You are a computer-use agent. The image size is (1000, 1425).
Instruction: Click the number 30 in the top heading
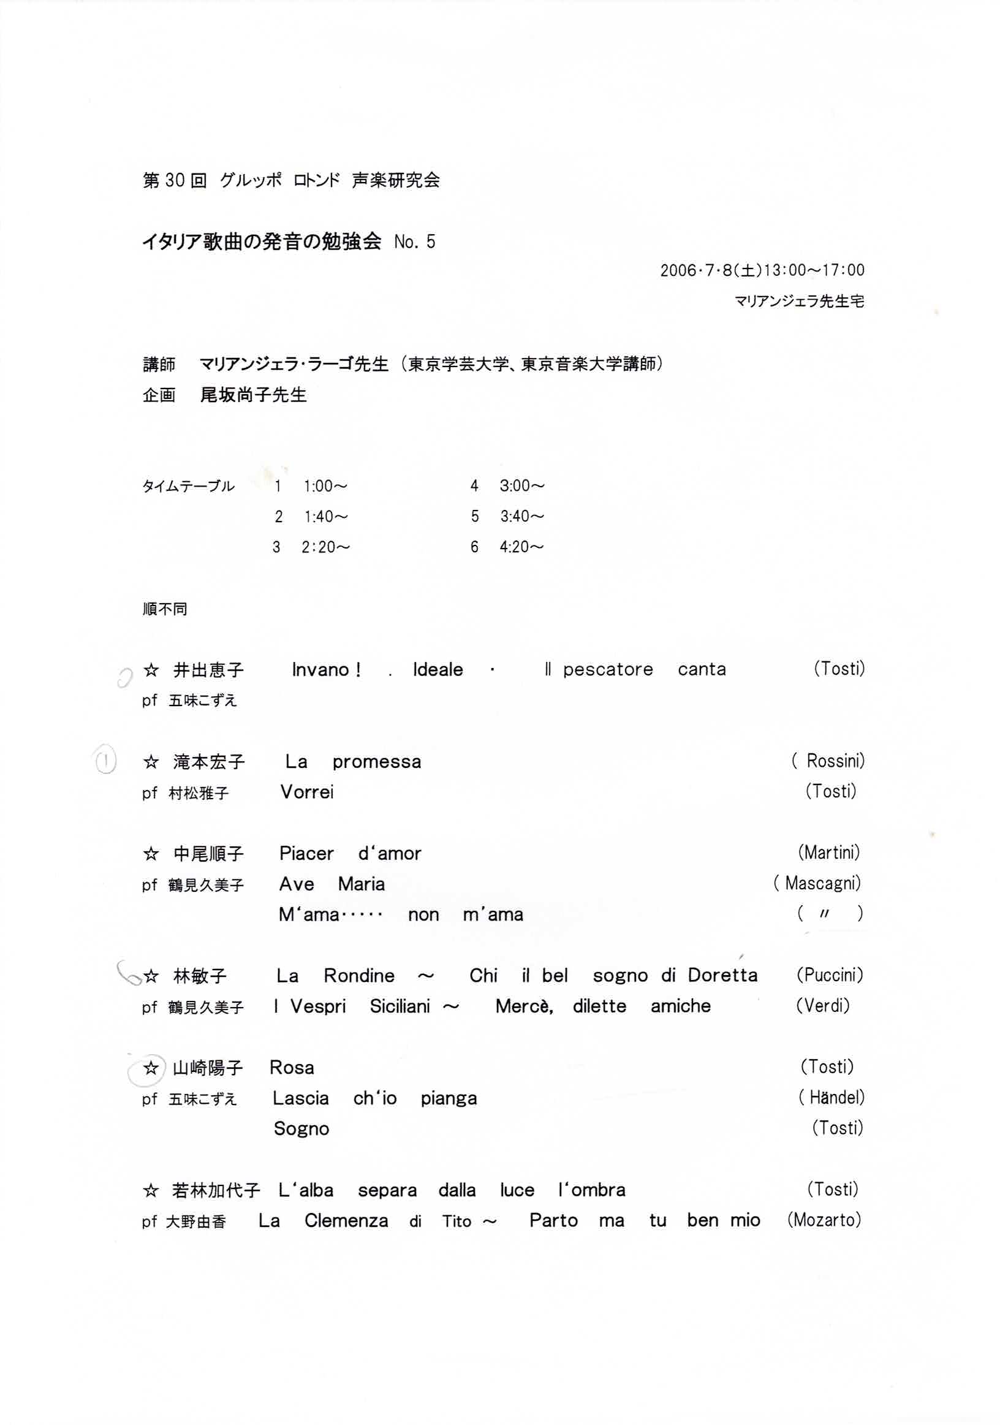click(175, 181)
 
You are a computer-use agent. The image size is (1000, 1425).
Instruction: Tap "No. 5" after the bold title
click(414, 242)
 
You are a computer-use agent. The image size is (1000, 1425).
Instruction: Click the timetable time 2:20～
click(326, 547)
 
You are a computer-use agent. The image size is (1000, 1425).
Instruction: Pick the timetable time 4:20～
click(521, 547)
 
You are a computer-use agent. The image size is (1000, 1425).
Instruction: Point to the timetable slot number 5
click(474, 517)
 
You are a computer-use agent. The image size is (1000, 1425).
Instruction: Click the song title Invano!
click(327, 670)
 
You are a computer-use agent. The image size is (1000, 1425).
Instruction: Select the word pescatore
click(607, 670)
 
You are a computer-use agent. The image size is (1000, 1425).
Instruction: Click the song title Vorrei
click(307, 792)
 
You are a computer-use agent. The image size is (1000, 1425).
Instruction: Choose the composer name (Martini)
click(829, 853)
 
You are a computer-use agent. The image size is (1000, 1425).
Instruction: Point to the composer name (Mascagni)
click(817, 883)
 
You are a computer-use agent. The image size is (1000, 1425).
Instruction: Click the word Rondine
click(358, 976)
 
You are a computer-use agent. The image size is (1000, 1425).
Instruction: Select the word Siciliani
click(400, 1006)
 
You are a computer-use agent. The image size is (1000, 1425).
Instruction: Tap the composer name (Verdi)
click(822, 1005)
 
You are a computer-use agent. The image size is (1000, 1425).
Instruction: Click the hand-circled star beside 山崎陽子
click(151, 1068)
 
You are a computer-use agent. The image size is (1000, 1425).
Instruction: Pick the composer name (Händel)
click(831, 1098)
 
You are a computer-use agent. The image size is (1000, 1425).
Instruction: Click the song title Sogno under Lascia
click(301, 1129)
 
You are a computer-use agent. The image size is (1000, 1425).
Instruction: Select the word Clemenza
click(346, 1221)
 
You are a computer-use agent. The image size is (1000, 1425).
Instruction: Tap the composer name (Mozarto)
click(824, 1220)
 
